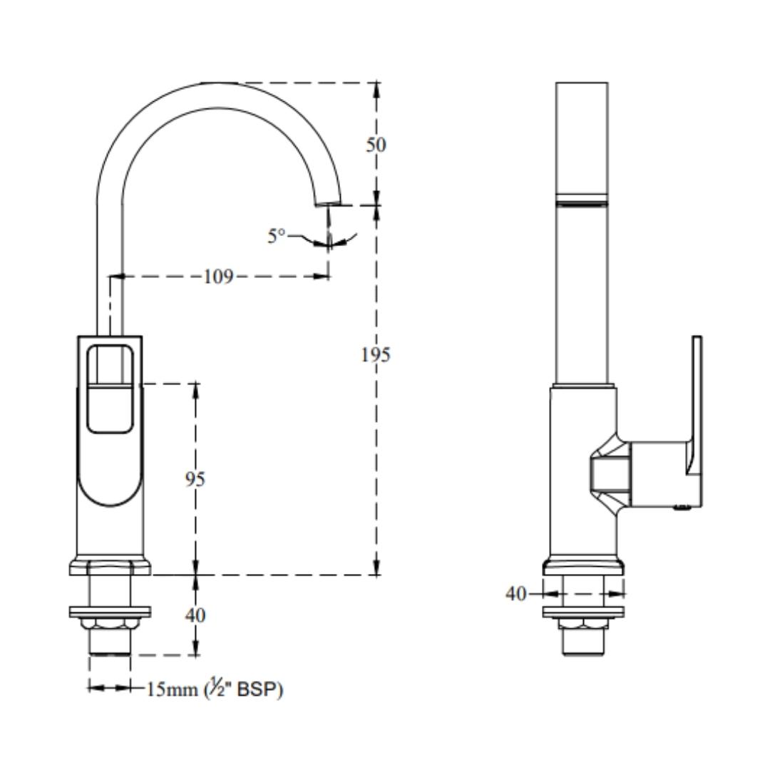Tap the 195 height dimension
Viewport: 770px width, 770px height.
click(376, 354)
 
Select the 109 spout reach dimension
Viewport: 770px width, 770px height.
click(218, 277)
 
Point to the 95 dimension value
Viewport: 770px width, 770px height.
click(195, 479)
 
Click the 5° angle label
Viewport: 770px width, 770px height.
click(276, 236)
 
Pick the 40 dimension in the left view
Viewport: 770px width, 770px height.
click(195, 615)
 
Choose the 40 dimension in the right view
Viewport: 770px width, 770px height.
click(516, 594)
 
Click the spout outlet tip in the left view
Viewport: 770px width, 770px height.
click(327, 203)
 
